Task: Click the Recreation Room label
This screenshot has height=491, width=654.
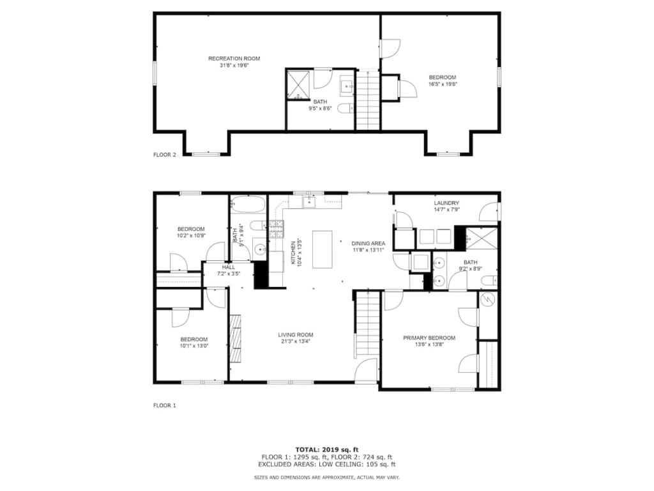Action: (234, 58)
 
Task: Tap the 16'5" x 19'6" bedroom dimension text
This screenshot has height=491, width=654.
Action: (443, 84)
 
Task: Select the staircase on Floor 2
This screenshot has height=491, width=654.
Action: (368, 100)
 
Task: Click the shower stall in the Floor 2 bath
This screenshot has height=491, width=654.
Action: (298, 85)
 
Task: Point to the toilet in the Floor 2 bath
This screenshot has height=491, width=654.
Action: (345, 109)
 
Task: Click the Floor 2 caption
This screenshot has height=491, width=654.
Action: (165, 155)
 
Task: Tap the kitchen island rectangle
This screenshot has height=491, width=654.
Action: (323, 250)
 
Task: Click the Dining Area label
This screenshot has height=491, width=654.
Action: (369, 244)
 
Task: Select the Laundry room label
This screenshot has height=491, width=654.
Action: (446, 203)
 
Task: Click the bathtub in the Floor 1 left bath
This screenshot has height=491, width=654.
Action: (248, 204)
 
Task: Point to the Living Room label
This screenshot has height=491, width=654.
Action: (296, 335)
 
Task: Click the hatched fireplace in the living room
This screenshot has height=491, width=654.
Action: (236, 338)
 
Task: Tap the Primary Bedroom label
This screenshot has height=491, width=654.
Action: (429, 338)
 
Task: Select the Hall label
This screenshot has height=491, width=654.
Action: (229, 267)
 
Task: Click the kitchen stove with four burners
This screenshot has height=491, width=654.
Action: (276, 230)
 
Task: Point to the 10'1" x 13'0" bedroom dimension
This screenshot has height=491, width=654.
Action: (194, 346)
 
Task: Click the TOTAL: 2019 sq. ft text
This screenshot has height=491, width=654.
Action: (327, 449)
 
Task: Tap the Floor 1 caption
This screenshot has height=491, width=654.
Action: (165, 405)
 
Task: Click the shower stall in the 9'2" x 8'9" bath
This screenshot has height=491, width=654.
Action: (482, 238)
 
